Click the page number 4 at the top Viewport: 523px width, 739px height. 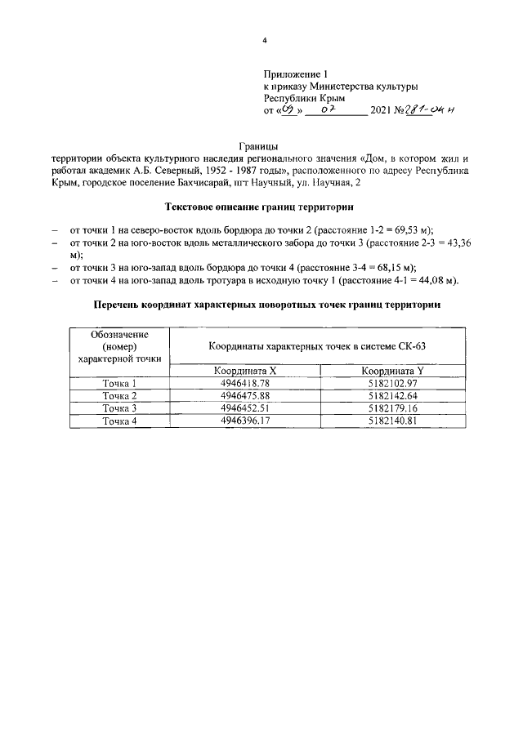264,40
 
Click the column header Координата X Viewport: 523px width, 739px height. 244,372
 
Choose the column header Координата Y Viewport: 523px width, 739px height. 394,372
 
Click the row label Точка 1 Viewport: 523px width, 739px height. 118,383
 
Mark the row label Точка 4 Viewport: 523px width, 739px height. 118,421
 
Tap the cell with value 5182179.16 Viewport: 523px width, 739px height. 393,408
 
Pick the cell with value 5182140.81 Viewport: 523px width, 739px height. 393,421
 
